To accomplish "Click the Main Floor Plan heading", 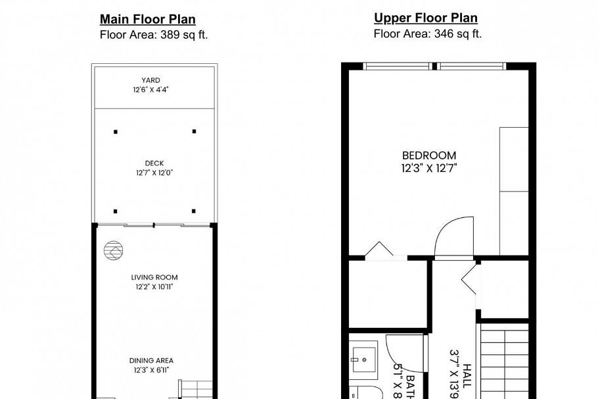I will pyautogui.click(x=147, y=20).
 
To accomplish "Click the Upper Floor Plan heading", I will pyautogui.click(x=426, y=18).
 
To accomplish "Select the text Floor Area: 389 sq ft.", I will pyautogui.click(x=153, y=35).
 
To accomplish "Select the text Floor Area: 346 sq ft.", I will pyautogui.click(x=427, y=34).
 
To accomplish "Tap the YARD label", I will pyautogui.click(x=150, y=80).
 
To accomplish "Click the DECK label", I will pyautogui.click(x=154, y=163).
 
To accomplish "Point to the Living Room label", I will pyautogui.click(x=154, y=277).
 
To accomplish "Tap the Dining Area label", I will pyautogui.click(x=151, y=361).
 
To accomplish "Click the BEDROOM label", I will pyautogui.click(x=429, y=155).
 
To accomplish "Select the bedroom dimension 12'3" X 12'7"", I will pyautogui.click(x=429, y=168).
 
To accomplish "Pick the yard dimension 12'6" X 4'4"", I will pyautogui.click(x=150, y=90).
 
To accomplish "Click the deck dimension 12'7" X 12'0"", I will pyautogui.click(x=154, y=173).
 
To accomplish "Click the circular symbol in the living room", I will pyautogui.click(x=112, y=250).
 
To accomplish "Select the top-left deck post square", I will pyautogui.click(x=116, y=132).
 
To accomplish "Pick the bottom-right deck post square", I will pyautogui.click(x=194, y=211).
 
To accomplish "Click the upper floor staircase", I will pyautogui.click(x=505, y=362).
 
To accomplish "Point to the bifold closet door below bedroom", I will pyautogui.click(x=379, y=250).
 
